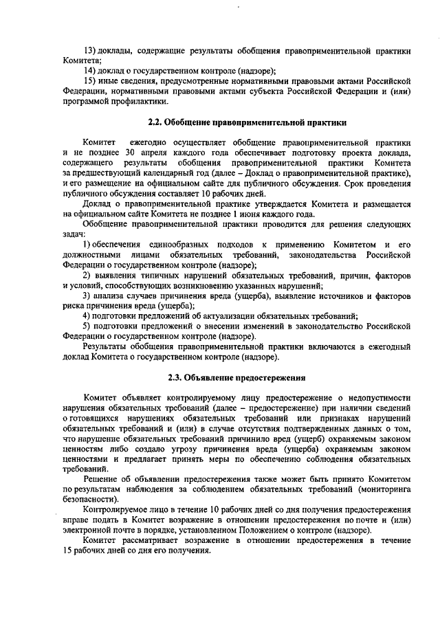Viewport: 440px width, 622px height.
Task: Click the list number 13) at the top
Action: point(89,50)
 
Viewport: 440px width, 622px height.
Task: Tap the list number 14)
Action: point(89,70)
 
